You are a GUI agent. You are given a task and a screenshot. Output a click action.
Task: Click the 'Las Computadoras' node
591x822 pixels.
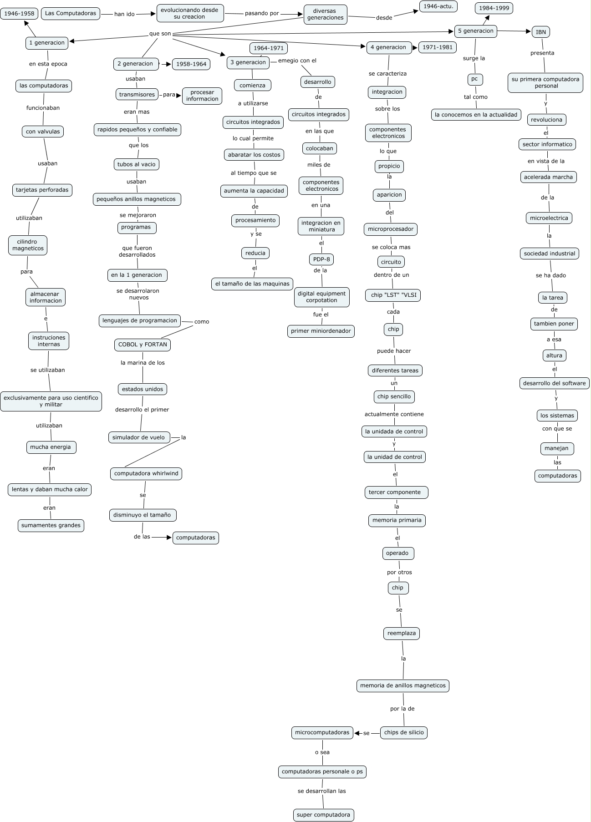coord(71,14)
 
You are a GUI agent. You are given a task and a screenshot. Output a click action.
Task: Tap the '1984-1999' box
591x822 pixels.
coord(494,8)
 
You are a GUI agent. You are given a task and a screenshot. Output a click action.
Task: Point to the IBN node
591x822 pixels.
coord(540,32)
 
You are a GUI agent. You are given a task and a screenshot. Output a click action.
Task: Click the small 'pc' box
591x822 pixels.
coord(474,79)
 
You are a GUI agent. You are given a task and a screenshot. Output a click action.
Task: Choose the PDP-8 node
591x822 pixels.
coord(321,260)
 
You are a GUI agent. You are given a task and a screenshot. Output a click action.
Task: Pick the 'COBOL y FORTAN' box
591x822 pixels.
coord(143,345)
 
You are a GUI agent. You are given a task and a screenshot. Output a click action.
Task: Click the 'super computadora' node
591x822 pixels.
coord(323,815)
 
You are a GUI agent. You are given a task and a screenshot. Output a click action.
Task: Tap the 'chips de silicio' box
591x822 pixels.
coord(404,732)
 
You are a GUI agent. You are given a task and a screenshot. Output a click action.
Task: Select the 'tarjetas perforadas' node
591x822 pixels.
coord(42,190)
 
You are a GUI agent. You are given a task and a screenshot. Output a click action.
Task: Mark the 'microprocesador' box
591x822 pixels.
coord(391,229)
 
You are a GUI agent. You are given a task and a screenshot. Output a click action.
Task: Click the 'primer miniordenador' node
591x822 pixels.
coord(321,331)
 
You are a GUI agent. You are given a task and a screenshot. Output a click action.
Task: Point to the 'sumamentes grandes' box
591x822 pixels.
coord(51,525)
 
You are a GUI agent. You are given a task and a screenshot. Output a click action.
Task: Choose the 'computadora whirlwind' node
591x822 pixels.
coord(146,473)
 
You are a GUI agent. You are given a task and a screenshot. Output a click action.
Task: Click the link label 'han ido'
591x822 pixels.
coord(124,14)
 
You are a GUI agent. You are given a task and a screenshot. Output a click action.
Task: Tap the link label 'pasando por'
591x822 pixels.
coord(262,13)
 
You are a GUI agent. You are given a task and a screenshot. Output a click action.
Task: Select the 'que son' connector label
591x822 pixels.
coord(160,34)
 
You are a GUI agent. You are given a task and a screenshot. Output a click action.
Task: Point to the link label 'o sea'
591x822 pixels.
coord(322,752)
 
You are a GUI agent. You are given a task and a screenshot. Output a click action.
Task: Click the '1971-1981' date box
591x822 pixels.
coord(437,47)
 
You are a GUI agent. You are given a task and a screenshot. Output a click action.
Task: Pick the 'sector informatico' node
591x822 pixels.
coord(547,144)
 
